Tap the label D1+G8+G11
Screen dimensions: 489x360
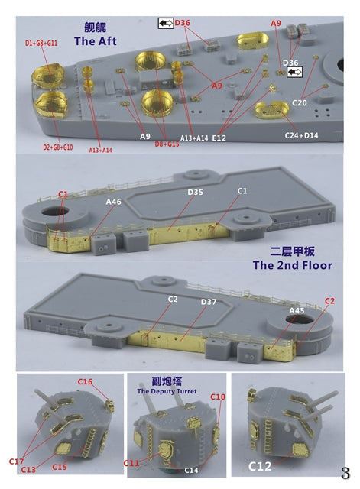[30, 44]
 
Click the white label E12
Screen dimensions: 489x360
[220, 138]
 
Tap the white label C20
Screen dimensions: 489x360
[300, 102]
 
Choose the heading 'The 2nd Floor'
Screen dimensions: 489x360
[292, 265]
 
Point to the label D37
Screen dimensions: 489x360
[187, 303]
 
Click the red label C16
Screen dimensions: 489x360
[85, 381]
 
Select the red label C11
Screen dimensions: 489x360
[131, 463]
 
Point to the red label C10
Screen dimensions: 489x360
[218, 397]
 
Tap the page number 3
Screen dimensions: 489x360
[345, 473]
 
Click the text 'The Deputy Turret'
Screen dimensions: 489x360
[167, 391]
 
